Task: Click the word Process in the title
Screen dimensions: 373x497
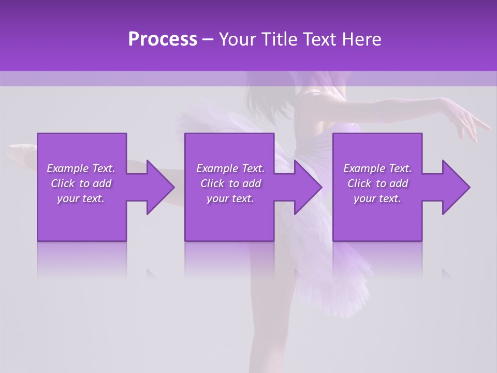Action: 163,39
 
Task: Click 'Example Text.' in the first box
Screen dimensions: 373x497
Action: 81,168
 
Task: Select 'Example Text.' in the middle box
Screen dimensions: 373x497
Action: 230,168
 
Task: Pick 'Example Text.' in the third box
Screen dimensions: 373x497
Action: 377,168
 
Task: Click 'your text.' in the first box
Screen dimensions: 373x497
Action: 81,198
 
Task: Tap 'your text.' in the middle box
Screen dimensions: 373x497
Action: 230,198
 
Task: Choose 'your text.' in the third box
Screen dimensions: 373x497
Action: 377,198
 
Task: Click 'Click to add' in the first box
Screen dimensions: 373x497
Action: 81,183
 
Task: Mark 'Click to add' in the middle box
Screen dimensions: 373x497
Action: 230,183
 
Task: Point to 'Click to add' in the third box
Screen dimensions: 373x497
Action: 377,183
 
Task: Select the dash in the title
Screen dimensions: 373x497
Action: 208,40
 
